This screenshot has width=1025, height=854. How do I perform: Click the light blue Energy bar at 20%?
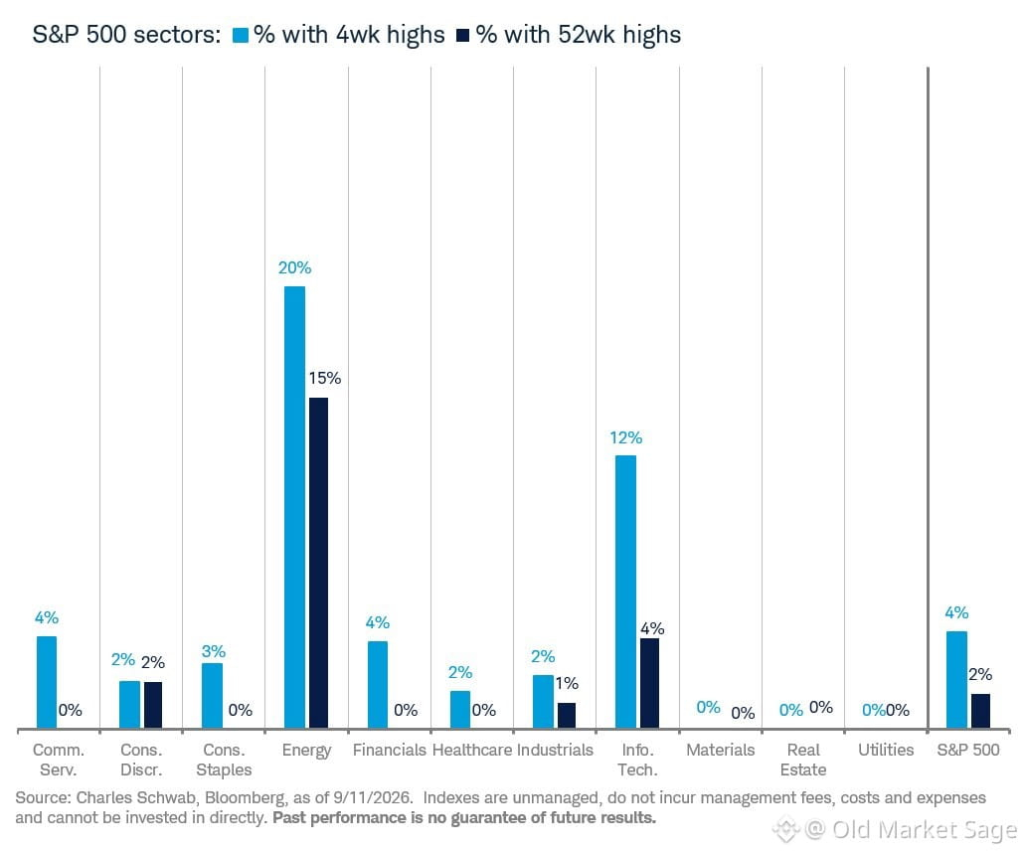click(294, 507)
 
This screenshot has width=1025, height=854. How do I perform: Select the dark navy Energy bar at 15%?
click(318, 563)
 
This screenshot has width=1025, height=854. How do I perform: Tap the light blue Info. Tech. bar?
click(625, 592)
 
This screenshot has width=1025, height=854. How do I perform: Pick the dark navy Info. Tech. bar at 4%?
click(650, 683)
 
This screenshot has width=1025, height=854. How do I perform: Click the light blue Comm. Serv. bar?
click(47, 682)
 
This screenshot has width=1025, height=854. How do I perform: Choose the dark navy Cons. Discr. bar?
click(153, 705)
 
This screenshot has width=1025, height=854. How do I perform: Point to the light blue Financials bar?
click(378, 685)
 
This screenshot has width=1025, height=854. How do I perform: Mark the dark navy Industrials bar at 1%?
click(567, 716)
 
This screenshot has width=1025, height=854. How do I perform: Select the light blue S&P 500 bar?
click(957, 680)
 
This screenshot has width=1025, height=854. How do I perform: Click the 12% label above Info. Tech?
click(626, 437)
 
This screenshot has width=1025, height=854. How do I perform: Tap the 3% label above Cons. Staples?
click(214, 651)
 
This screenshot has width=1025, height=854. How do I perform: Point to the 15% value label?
click(325, 378)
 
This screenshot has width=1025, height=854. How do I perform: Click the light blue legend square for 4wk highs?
click(242, 36)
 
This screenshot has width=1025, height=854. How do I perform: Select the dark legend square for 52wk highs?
click(463, 36)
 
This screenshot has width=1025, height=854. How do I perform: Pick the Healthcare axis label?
click(472, 750)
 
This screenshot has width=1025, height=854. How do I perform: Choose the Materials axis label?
click(721, 750)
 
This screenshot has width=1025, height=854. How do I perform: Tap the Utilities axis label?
click(886, 750)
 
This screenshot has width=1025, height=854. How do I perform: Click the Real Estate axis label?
click(803, 760)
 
